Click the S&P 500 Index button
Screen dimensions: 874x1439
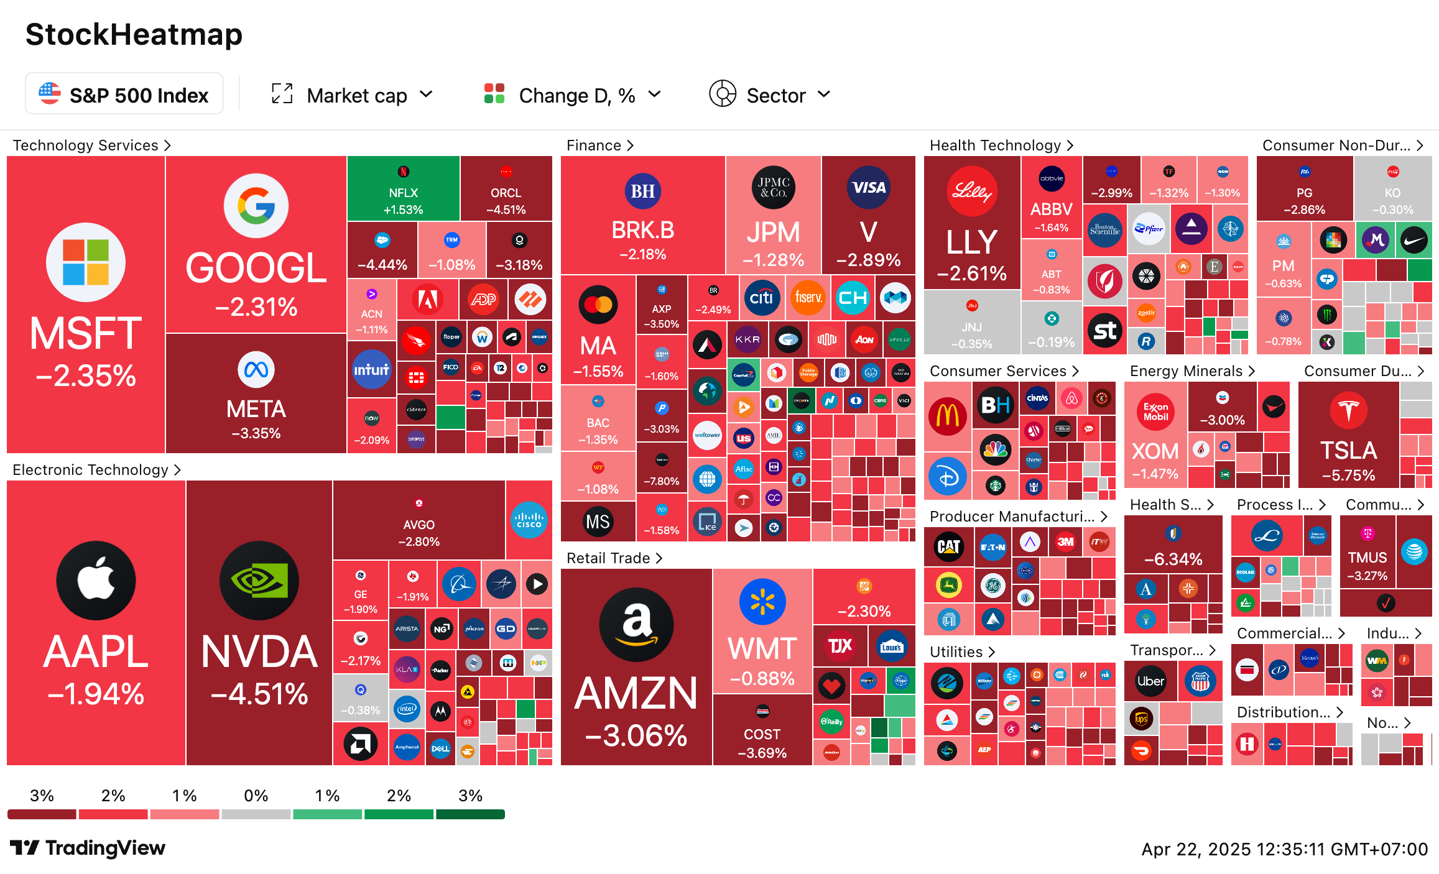124,94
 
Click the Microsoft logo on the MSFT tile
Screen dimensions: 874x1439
86,262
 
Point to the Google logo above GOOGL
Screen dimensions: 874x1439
256,206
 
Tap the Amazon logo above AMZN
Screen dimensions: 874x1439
636,624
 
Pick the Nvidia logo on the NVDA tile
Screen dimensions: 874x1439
259,580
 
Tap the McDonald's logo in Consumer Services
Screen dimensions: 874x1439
947,416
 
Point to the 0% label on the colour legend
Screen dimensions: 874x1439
256,796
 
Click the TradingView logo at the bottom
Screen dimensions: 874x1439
88,848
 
